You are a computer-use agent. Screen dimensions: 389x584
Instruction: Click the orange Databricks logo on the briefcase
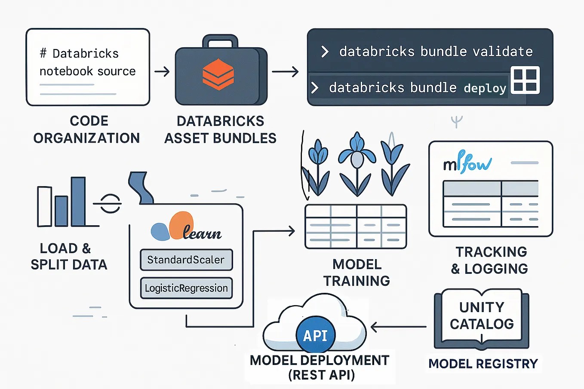point(218,74)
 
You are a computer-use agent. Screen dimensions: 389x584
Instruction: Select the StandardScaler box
point(186,260)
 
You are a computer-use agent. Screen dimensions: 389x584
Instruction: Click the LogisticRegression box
point(186,288)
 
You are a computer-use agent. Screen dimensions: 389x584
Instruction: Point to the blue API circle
point(316,335)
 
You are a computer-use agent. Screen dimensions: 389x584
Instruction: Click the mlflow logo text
point(467,163)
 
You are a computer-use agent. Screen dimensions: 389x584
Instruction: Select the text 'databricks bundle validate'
point(436,52)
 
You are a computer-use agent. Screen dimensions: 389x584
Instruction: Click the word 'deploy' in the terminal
point(485,88)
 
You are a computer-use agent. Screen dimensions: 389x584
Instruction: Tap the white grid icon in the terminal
point(525,80)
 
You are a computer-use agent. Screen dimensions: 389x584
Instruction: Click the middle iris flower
point(357,159)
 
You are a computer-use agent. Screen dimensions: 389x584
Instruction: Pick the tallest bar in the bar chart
point(78,202)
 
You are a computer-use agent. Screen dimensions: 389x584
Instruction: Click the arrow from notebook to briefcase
point(162,71)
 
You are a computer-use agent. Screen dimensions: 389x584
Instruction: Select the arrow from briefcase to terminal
point(285,71)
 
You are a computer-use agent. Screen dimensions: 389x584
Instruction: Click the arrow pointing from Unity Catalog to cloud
point(398,327)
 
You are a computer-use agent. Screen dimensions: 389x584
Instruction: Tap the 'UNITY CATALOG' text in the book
point(482,315)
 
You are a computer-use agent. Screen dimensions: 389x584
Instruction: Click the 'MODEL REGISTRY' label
point(483,364)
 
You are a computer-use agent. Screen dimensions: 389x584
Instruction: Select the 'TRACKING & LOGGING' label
point(491,260)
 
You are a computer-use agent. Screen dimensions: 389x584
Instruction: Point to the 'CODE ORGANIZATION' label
point(87,129)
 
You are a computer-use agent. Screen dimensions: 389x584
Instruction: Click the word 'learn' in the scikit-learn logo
point(202,233)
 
